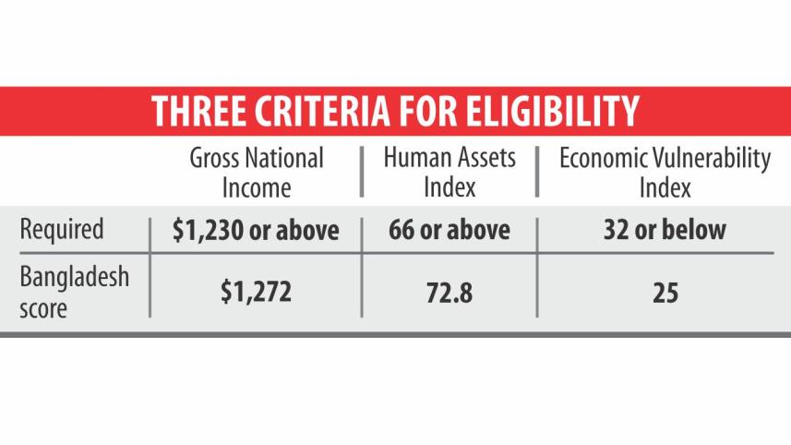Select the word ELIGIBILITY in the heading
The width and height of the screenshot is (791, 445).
click(x=552, y=111)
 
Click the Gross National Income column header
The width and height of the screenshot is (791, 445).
click(x=256, y=173)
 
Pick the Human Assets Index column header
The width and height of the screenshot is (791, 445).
click(x=450, y=173)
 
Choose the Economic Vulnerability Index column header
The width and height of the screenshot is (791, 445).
click(x=665, y=173)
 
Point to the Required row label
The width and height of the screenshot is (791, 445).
click(x=61, y=229)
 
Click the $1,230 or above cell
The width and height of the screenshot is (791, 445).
click(x=256, y=230)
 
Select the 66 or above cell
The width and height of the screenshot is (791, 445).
click(x=449, y=230)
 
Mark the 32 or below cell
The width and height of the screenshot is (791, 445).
click(x=665, y=230)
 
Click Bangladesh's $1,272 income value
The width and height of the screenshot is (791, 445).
click(x=256, y=294)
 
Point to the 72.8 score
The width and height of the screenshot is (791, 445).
click(x=450, y=294)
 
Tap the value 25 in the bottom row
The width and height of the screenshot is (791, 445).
click(x=665, y=294)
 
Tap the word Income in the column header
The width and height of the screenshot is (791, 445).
click(x=256, y=187)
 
